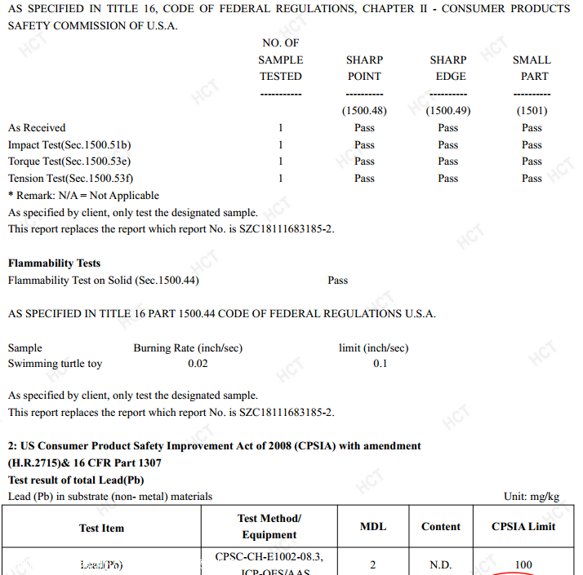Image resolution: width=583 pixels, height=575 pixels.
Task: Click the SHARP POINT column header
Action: (364, 68)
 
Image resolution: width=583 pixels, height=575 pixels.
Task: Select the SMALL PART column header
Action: (532, 68)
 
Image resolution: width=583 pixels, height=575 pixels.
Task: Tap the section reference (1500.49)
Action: (448, 111)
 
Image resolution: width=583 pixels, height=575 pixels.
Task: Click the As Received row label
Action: (37, 128)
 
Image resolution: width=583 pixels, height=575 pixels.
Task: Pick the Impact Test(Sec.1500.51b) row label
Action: (69, 145)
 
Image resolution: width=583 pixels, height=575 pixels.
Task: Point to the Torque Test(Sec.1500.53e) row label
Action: (69, 161)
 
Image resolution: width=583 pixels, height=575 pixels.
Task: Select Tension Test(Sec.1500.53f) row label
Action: (70, 179)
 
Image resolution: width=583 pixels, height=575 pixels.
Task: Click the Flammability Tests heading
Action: (54, 263)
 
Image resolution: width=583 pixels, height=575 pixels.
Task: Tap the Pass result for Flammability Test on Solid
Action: (337, 281)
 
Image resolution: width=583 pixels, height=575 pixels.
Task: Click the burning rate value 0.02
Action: (198, 364)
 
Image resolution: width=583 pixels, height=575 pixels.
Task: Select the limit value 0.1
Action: (381, 364)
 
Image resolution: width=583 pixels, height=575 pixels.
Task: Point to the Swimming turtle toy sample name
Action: (55, 364)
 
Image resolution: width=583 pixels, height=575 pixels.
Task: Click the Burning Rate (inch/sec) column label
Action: (188, 348)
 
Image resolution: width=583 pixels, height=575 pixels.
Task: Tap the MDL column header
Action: (373, 527)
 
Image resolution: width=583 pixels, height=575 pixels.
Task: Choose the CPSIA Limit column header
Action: (523, 527)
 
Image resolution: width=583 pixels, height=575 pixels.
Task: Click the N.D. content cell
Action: (441, 564)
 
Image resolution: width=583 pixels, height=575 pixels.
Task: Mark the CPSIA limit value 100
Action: (523, 564)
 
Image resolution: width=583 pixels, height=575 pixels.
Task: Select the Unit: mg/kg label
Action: (532, 497)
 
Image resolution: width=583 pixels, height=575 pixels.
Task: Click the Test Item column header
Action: (101, 529)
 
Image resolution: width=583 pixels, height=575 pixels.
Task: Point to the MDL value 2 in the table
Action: (373, 564)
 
